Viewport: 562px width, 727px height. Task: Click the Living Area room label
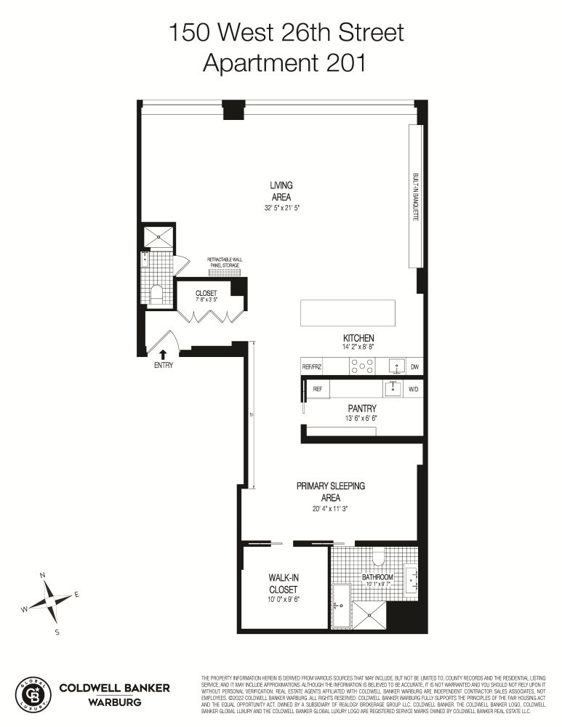pos(281,190)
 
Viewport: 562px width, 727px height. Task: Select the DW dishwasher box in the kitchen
pos(414,367)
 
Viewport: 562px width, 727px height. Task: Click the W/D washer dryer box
pos(414,390)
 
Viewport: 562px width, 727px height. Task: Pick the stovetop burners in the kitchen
pos(358,367)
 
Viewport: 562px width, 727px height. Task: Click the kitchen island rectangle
pos(348,313)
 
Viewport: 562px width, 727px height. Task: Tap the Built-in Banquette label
pos(415,197)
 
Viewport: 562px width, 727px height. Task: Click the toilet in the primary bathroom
pos(377,558)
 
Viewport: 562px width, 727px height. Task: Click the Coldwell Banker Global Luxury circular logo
pos(33,694)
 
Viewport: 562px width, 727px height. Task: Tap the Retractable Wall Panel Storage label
pos(229,262)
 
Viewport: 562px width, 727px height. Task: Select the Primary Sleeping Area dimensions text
pos(330,509)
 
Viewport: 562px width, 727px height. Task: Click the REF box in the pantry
pos(317,390)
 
